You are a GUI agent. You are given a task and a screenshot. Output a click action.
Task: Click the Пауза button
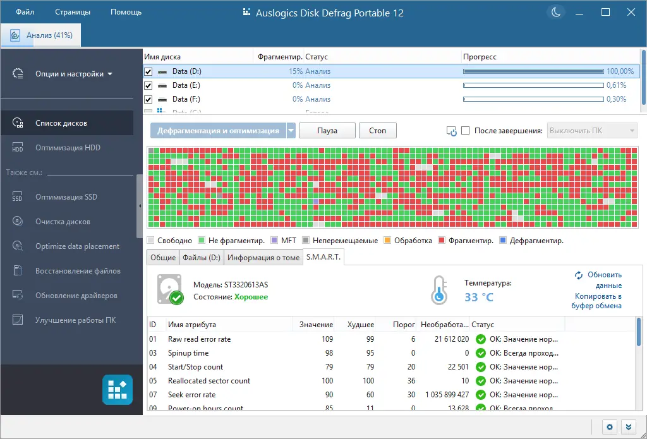(327, 131)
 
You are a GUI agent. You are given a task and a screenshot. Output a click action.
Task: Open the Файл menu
(25, 12)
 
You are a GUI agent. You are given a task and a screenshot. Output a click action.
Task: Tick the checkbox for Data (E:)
(148, 85)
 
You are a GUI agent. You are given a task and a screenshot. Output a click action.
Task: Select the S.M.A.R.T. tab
(323, 257)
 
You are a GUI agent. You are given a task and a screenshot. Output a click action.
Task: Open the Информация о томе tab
(263, 258)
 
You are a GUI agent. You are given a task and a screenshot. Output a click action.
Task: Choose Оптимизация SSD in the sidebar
(66, 197)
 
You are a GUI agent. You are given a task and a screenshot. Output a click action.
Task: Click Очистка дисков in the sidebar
(63, 222)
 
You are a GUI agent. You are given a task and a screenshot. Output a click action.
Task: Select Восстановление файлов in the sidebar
(78, 271)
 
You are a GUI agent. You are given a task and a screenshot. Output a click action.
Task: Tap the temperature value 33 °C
(480, 297)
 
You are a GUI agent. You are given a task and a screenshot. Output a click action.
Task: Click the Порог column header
(404, 325)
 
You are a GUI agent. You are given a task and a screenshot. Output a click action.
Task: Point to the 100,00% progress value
(620, 71)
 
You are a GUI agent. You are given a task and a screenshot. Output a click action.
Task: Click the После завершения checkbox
(466, 131)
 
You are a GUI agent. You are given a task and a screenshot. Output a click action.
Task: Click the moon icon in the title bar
(556, 12)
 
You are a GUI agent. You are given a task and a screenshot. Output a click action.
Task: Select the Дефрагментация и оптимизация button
(218, 131)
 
